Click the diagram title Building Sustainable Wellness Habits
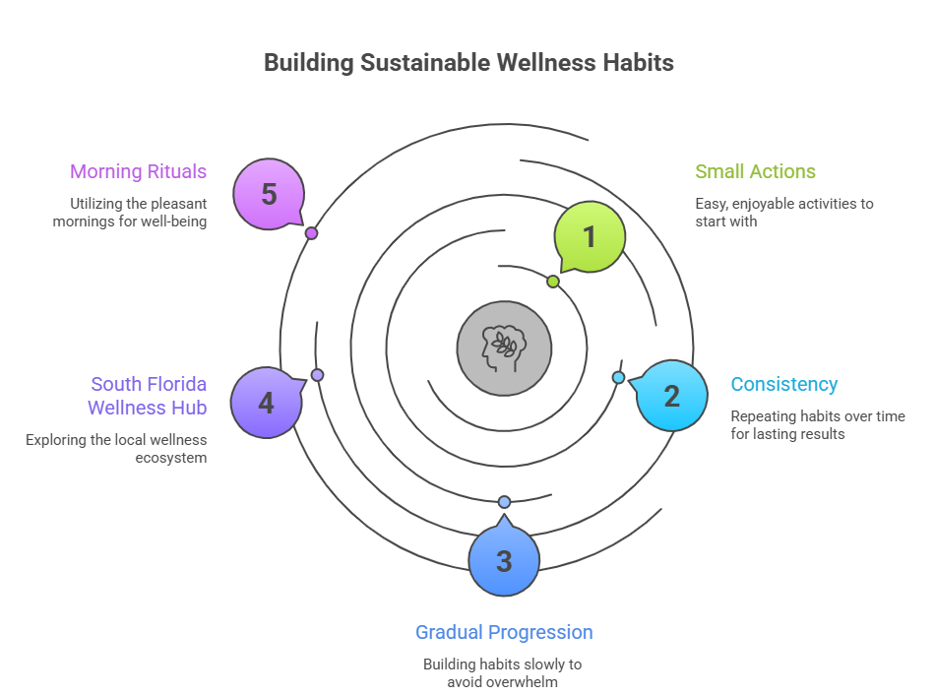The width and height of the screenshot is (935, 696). (x=468, y=62)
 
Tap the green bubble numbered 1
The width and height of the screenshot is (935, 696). (x=590, y=236)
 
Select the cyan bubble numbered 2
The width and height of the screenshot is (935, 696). (x=672, y=396)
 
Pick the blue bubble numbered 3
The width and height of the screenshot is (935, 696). (x=504, y=561)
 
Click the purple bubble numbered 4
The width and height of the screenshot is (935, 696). (x=266, y=403)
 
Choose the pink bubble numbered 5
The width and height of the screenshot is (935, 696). (x=269, y=194)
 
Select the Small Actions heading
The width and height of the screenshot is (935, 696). (x=755, y=171)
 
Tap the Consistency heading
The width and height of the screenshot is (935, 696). (x=783, y=384)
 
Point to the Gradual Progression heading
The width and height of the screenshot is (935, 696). (x=504, y=632)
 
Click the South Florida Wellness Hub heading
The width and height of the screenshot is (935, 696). (x=148, y=396)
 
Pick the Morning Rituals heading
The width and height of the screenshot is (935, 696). (x=138, y=171)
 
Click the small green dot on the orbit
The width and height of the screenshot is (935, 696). (x=553, y=282)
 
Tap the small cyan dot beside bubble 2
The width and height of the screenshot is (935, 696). (x=618, y=377)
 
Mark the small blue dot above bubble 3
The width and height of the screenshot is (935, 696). (x=504, y=502)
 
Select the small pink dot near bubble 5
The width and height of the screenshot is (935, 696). (x=311, y=233)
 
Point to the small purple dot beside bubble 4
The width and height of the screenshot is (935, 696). (x=317, y=375)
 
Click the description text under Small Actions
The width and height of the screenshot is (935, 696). (x=783, y=213)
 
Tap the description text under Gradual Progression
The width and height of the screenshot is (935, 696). (x=503, y=672)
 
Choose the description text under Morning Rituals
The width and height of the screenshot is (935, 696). (x=138, y=213)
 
